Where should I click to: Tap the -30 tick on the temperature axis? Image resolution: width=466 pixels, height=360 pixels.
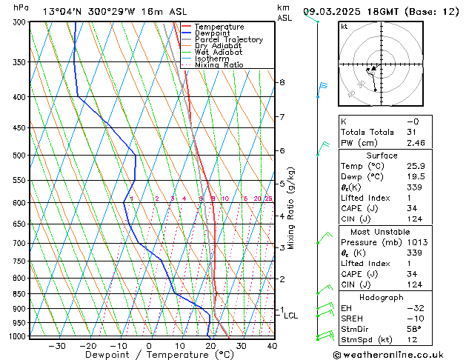pos(57,345)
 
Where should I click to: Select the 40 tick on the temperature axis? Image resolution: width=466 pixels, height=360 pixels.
pos(272,345)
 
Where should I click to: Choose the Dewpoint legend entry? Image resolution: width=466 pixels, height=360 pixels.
pos(212,33)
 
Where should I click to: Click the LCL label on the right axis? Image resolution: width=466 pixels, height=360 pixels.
pos(291,316)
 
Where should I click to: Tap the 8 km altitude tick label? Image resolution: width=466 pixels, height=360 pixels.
pos(282,82)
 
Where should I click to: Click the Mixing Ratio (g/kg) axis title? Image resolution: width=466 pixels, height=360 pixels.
pos(291,208)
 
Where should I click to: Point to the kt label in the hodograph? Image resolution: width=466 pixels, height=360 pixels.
pos(344,27)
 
